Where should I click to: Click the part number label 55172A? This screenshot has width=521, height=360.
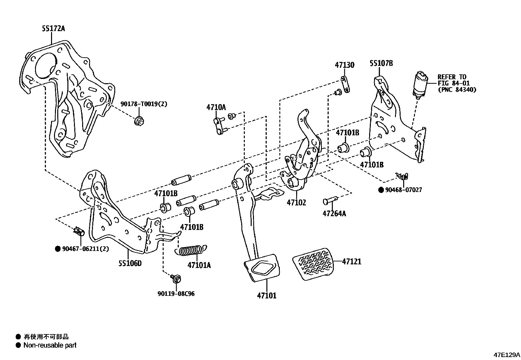[x=53, y=29]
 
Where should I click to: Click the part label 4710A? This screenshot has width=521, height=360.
[x=216, y=107]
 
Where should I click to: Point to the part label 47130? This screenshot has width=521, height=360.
[x=344, y=65]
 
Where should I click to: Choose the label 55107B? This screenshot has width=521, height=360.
[x=381, y=63]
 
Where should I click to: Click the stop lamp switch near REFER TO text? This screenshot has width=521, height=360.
[x=420, y=84]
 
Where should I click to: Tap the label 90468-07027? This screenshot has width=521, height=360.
[x=403, y=190]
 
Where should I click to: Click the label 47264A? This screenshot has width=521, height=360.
[x=334, y=214]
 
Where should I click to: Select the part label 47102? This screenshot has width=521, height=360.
[x=296, y=202]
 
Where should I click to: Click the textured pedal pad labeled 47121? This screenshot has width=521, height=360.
[x=313, y=264]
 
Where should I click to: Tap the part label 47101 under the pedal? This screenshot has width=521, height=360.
[x=266, y=295]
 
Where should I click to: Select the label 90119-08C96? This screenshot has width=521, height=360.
[x=176, y=294]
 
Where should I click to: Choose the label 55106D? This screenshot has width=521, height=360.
[x=130, y=263]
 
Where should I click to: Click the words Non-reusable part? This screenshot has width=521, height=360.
[x=50, y=345]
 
